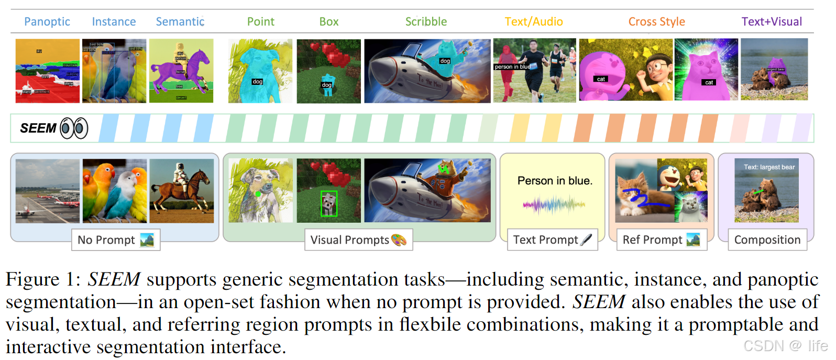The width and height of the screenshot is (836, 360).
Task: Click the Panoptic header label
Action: coord(47,22)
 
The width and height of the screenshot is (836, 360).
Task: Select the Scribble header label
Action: coord(426,22)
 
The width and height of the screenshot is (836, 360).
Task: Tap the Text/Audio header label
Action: coord(534,22)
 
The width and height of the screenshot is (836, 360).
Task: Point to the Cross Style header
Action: coord(656,22)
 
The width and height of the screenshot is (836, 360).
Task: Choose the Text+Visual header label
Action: coord(772,22)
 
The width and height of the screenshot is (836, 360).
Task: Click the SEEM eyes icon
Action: coord(74,128)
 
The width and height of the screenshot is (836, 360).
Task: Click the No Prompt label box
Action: coord(116,240)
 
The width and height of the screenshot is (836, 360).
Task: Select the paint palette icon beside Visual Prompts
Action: coord(399,240)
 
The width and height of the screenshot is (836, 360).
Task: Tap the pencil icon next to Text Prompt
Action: coord(587,240)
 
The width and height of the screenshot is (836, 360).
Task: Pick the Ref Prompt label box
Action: coord(661,240)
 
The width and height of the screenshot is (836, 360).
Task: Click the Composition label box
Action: coord(767,240)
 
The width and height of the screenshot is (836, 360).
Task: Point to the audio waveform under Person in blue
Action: coord(554,205)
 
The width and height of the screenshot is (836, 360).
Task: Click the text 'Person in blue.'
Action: coord(555,181)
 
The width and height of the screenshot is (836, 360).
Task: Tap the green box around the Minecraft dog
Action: coord(328,203)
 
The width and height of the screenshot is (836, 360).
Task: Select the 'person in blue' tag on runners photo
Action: coord(512,67)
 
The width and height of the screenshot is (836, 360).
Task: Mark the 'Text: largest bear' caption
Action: coord(769,167)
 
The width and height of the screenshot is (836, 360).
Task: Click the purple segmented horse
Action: coord(178,68)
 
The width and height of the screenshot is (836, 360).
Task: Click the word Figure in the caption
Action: coord(32,279)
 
